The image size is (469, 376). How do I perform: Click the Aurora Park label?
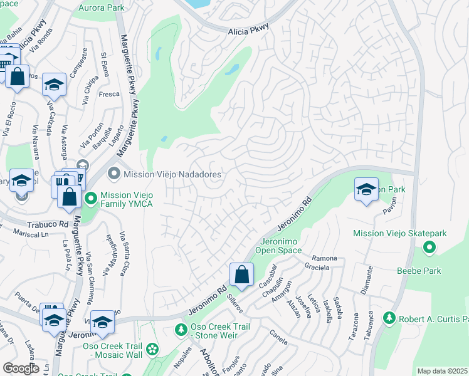[x=101, y=8]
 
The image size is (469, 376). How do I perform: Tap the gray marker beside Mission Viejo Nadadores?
[x=113, y=172]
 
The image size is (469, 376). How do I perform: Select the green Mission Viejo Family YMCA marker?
[x=91, y=199]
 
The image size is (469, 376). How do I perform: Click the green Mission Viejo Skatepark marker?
[x=429, y=248]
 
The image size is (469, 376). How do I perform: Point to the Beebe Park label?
[x=418, y=271]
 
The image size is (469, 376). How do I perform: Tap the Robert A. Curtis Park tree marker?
[x=388, y=318]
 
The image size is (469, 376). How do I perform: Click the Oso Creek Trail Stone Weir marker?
[x=181, y=330]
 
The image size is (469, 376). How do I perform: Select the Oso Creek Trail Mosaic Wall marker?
[x=152, y=348]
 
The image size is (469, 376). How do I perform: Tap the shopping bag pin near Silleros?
[x=241, y=274]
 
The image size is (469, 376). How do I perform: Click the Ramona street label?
[x=324, y=258]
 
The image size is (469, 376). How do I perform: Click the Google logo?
[x=21, y=368]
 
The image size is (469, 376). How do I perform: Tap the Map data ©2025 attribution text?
[x=442, y=371]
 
